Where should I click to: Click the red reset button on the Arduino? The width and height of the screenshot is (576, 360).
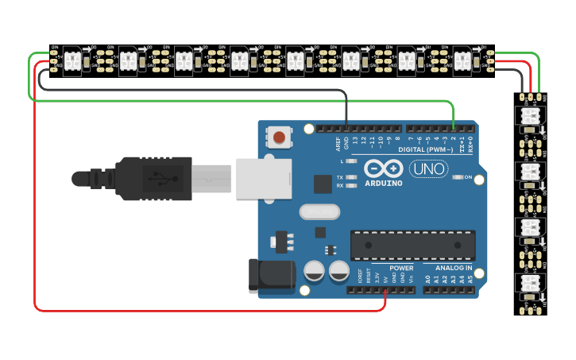pyautogui.click(x=279, y=137)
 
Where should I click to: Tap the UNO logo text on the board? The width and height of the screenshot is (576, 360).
pyautogui.click(x=428, y=168)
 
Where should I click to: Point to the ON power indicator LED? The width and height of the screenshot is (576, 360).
pyautogui.click(x=457, y=177)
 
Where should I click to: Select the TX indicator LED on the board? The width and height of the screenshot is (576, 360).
pyautogui.click(x=350, y=177)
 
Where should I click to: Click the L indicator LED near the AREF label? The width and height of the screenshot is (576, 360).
pyautogui.click(x=350, y=161)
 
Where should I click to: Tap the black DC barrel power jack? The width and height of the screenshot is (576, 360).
pyautogui.click(x=271, y=275)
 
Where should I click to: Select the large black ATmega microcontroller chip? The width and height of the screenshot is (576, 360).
pyautogui.click(x=412, y=245)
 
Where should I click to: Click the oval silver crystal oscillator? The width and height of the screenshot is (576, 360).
pyautogui.click(x=319, y=212)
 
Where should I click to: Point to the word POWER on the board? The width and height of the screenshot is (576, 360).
pyautogui.click(x=401, y=269)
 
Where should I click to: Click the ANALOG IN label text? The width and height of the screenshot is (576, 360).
pyautogui.click(x=453, y=269)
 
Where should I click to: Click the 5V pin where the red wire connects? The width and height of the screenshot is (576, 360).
pyautogui.click(x=385, y=289)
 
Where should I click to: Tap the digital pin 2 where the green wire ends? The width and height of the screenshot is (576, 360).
pyautogui.click(x=453, y=127)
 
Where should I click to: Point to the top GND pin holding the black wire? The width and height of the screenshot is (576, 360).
pyautogui.click(x=346, y=127)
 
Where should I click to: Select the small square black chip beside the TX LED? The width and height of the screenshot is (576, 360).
pyautogui.click(x=323, y=184)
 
